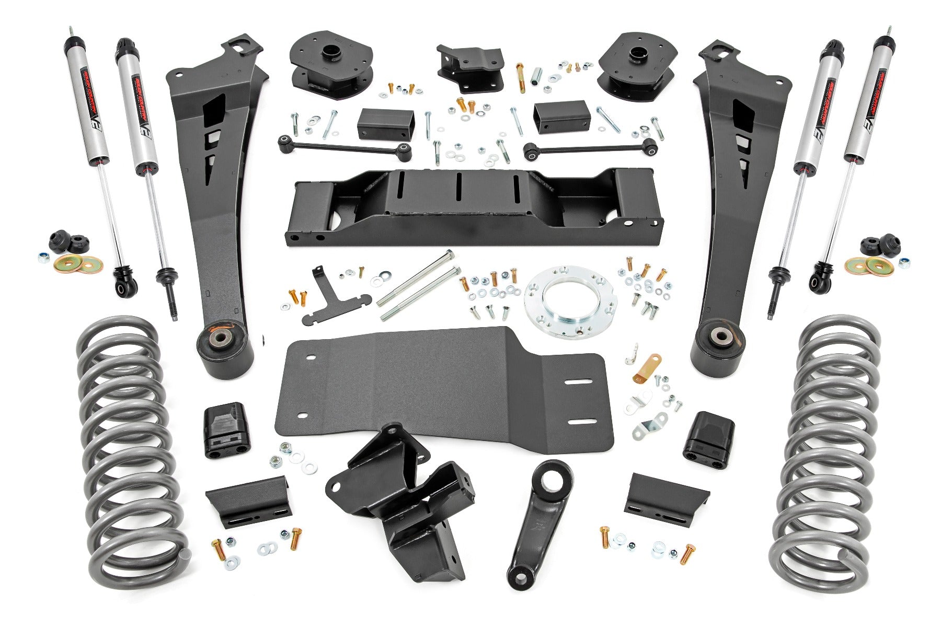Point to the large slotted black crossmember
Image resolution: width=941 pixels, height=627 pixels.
point(470,209)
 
